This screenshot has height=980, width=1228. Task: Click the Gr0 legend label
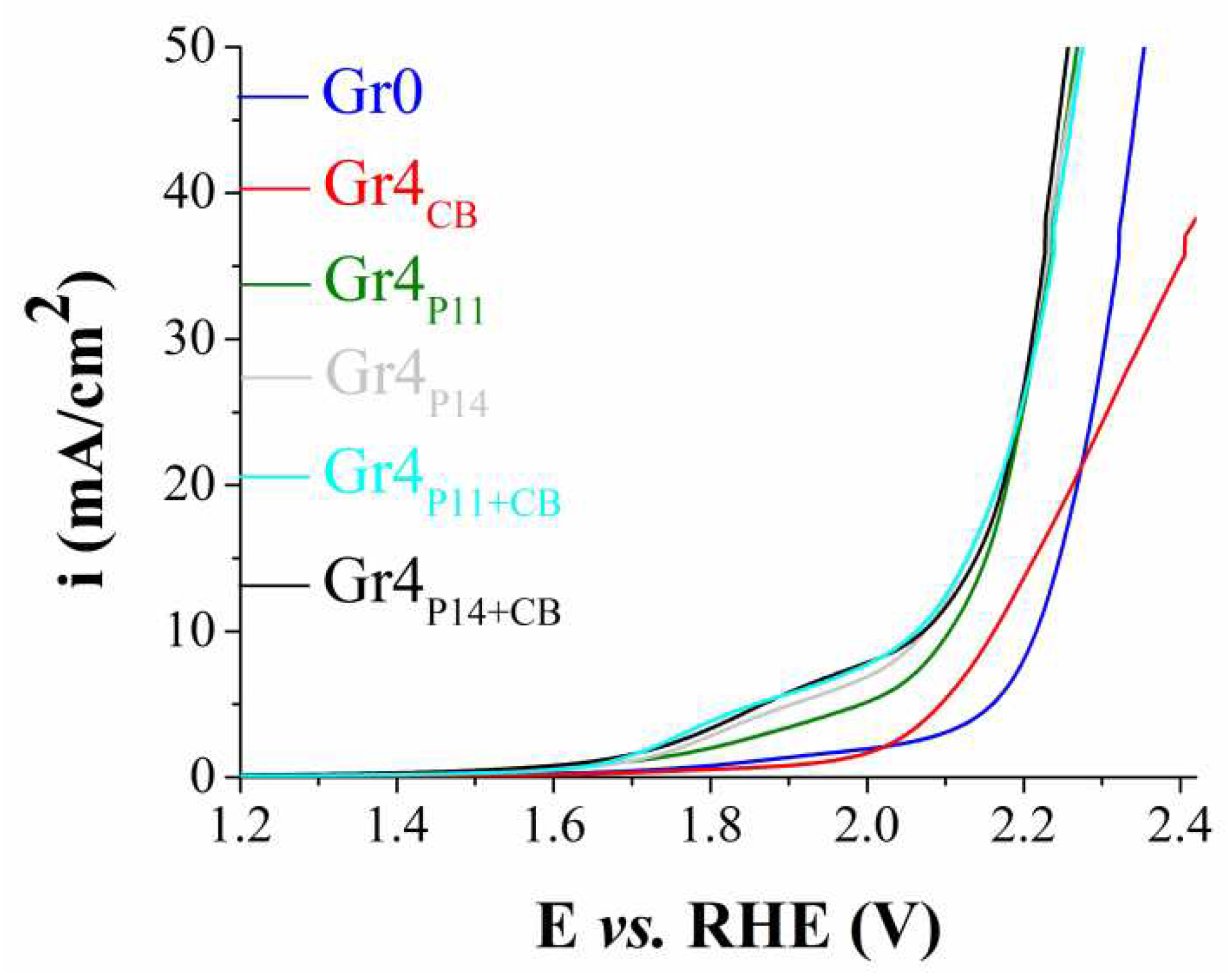[373, 94]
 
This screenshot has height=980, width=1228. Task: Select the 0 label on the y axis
[204, 776]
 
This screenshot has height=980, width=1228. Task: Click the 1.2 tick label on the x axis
[241, 826]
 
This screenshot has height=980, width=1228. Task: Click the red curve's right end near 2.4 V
[1193, 221]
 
